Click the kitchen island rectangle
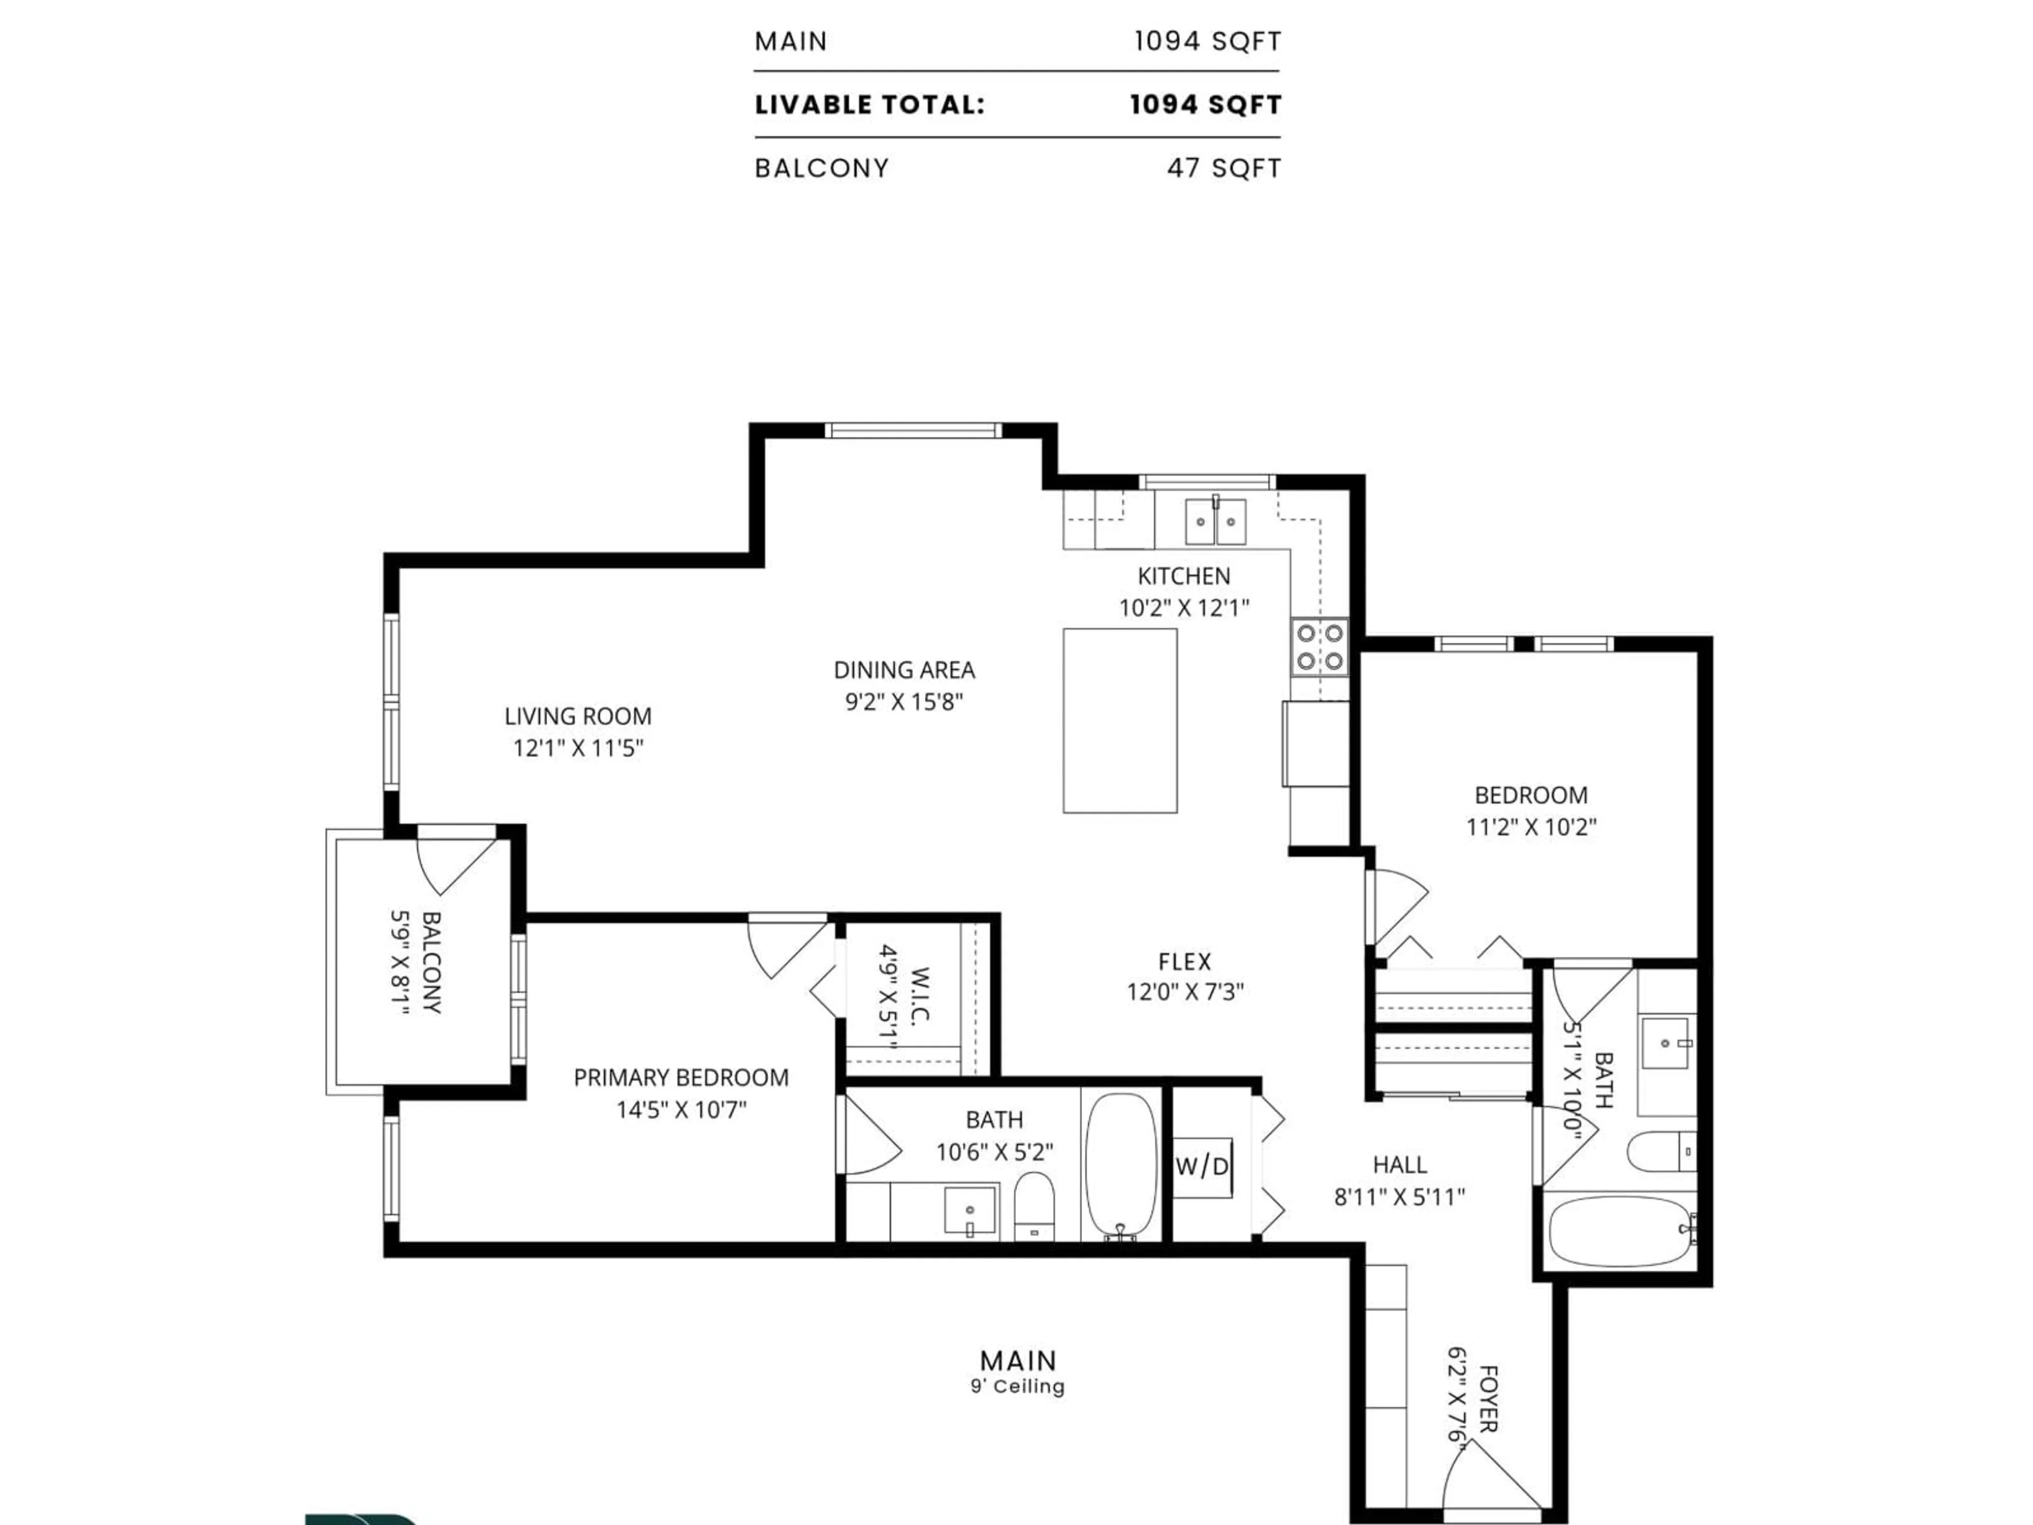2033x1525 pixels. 1119,721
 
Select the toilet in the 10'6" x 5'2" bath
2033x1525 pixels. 1035,1207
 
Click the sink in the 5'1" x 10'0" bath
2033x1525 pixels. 1666,1043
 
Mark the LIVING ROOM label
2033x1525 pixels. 577,716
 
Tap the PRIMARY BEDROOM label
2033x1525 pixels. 681,1078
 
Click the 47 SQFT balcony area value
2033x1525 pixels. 1224,168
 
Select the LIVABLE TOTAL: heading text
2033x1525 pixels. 869,105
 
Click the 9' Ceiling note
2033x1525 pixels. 1018,1386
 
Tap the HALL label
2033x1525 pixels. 1399,1164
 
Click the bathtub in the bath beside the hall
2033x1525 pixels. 1620,1231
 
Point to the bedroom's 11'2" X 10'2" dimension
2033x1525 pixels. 1530,827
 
